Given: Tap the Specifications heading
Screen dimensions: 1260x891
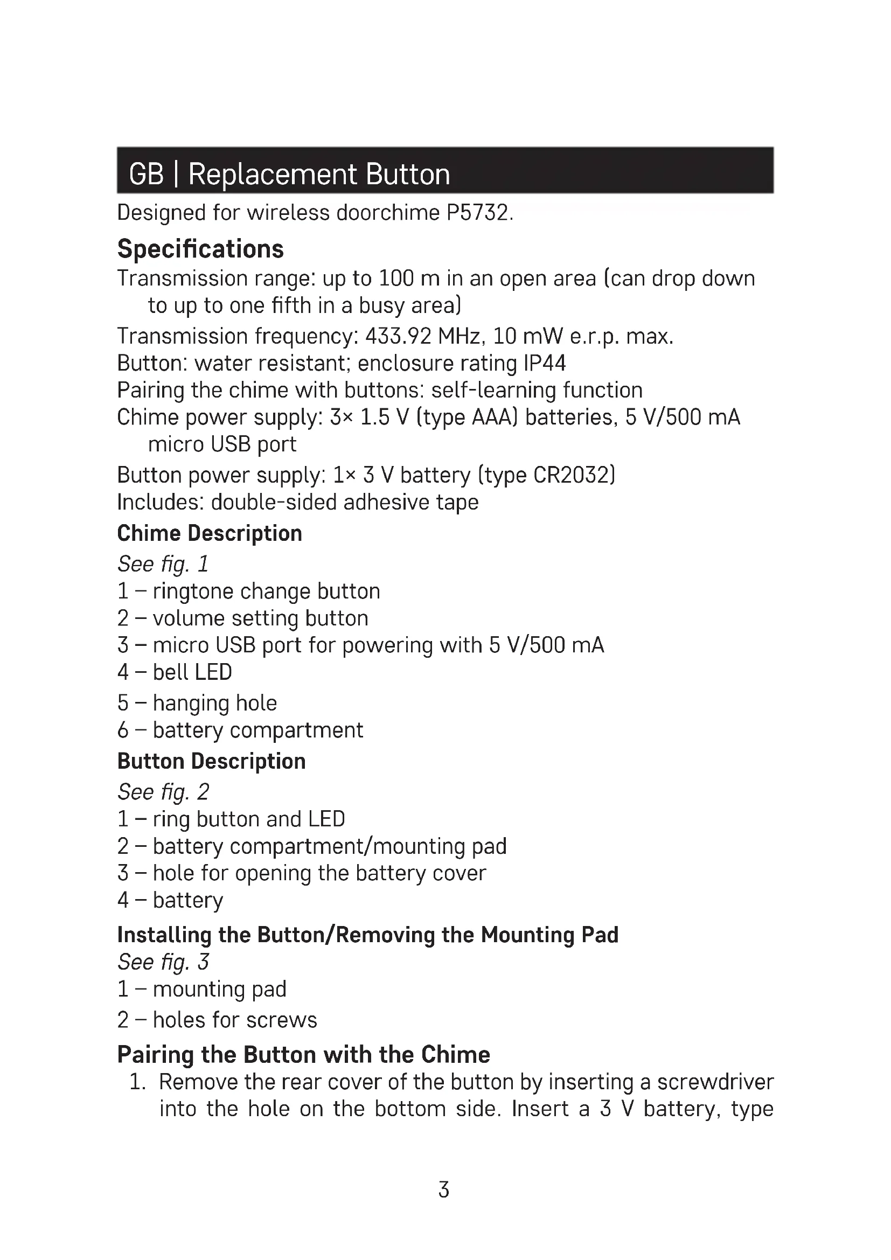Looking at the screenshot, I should click(x=200, y=249).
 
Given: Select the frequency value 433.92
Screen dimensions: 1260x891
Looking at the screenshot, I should click(x=398, y=336).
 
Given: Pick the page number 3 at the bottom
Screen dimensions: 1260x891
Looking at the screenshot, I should click(x=444, y=1190).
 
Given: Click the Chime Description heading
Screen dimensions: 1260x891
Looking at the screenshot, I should click(x=210, y=533).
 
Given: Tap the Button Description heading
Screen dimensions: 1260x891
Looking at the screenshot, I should click(x=211, y=761).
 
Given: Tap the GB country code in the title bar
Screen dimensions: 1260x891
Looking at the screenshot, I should click(x=146, y=175).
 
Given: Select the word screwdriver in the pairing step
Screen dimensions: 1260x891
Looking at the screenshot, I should click(x=715, y=1082).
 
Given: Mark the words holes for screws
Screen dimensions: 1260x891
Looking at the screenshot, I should click(x=235, y=1020).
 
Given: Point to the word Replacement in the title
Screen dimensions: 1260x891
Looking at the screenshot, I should click(x=273, y=175).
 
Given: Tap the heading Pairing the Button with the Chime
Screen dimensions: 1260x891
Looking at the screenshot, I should click(x=303, y=1055).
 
